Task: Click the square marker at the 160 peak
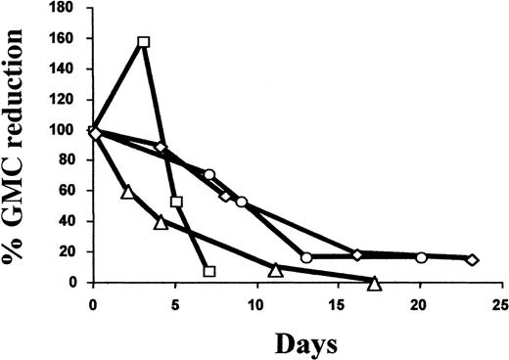pos(144,42)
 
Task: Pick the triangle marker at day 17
pos(374,283)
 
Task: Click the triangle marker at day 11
pos(276,269)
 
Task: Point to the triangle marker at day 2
pos(127,192)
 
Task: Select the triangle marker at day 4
pos(161,222)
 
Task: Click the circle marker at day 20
pos(421,257)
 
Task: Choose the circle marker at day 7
pos(209,175)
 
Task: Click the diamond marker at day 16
pos(357,254)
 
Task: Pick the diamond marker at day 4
pos(161,147)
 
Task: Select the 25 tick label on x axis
pos(499,303)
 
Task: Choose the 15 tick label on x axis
pos(340,303)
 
